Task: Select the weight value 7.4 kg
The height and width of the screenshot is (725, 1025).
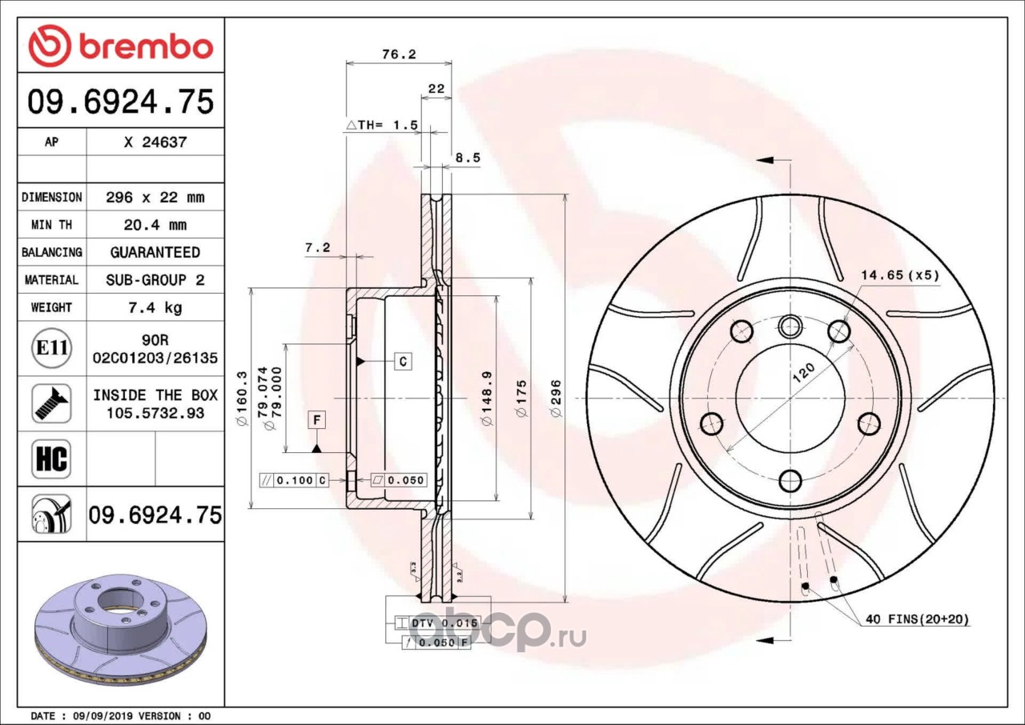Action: (155, 307)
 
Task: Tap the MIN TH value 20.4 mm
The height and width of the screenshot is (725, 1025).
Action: (155, 225)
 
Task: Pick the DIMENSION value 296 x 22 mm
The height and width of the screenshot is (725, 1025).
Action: (155, 198)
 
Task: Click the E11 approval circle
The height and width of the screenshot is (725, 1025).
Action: (52, 348)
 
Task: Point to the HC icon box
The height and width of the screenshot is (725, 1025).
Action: (51, 459)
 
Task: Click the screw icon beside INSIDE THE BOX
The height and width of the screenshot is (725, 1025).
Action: (51, 403)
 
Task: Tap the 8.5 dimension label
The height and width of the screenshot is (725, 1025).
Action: (468, 158)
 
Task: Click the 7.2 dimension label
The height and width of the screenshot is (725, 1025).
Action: (318, 248)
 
